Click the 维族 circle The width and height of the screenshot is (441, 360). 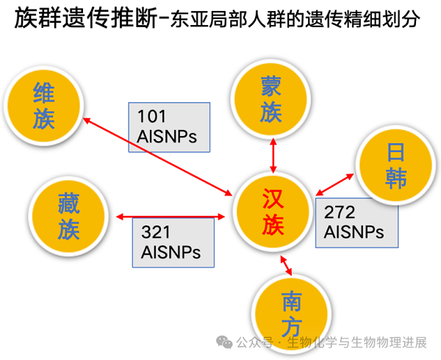(44, 106)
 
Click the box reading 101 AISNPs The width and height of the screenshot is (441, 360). (169, 126)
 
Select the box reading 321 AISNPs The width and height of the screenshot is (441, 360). (176, 242)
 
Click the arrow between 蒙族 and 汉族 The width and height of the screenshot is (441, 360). (273, 155)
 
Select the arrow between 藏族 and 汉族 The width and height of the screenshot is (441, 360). (171, 216)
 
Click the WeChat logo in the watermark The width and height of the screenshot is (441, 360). (223, 342)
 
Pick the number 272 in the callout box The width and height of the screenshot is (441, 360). (340, 214)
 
